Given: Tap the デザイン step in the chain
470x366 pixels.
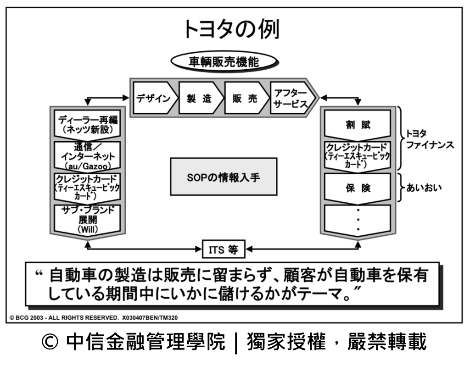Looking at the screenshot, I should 153,98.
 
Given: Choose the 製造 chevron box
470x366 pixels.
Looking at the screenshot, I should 199,98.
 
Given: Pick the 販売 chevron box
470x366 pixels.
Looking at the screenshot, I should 245,98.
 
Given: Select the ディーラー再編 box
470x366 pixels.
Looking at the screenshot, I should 87,124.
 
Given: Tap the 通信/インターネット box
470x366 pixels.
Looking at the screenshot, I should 87,156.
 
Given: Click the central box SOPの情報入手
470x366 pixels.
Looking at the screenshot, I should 224,177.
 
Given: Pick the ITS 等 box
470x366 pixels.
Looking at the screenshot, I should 224,250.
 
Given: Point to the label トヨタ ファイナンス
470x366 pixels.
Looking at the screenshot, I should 429,140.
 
